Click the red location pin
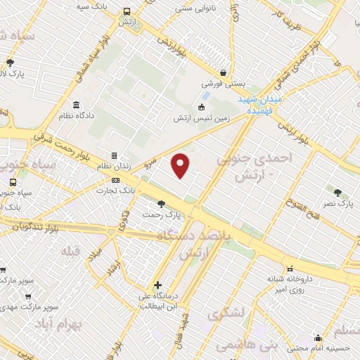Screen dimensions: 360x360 pos(181,164)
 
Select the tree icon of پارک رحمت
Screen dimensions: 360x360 pos(162,204)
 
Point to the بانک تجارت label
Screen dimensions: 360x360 pos(117,190)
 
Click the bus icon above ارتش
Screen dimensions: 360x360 pos(127,12)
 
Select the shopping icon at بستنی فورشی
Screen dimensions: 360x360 pos(223,72)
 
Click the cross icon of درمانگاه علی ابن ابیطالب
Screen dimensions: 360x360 pos(157,285)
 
